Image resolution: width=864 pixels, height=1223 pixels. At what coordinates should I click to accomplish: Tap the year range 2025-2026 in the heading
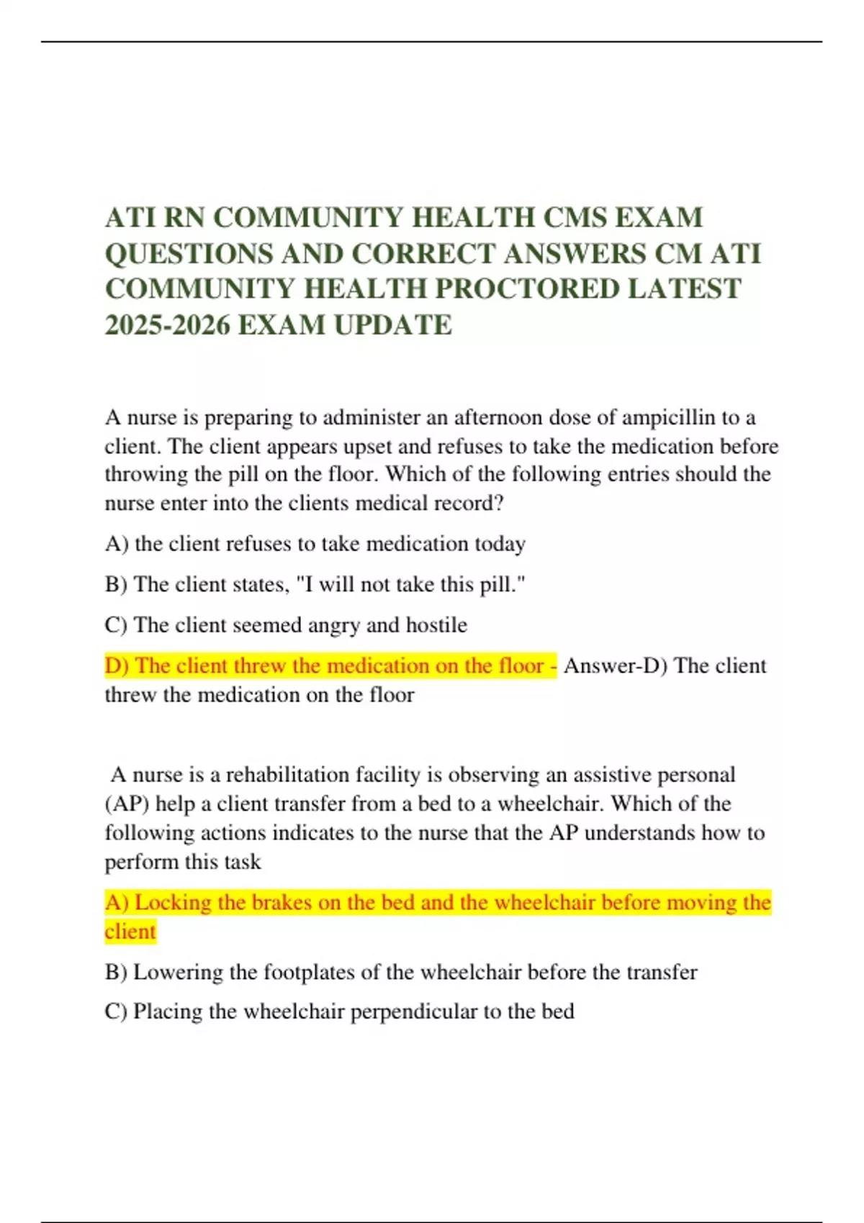[x=167, y=325]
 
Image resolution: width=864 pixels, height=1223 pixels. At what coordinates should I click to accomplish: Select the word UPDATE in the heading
[x=393, y=325]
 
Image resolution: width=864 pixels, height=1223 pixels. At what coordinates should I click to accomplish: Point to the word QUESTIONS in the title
[x=189, y=253]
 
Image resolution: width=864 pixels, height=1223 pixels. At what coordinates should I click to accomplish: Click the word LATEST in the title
[x=684, y=289]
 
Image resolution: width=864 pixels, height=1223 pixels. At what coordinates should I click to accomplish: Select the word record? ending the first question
[x=468, y=503]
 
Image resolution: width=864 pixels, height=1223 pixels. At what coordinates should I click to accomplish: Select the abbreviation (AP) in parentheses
[x=127, y=804]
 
